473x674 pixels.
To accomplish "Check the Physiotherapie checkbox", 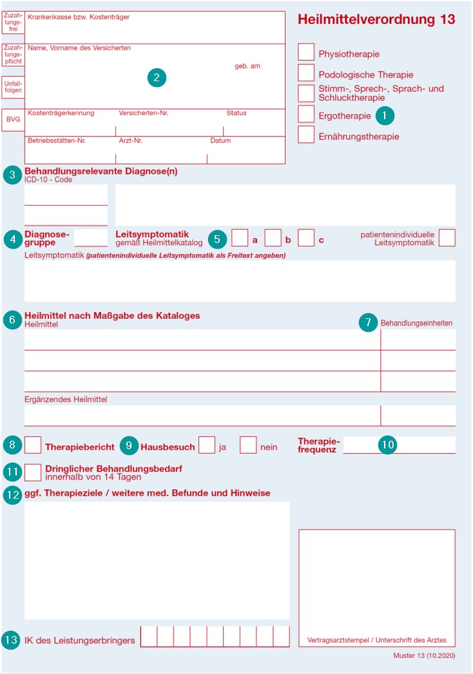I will [x=307, y=52].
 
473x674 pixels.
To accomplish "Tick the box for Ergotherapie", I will [x=307, y=114].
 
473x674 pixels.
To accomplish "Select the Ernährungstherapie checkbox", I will [x=307, y=135].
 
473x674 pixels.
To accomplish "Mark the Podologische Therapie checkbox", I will [x=307, y=73].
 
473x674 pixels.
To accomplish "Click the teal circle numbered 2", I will [x=157, y=78].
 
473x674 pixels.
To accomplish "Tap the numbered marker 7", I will [x=368, y=322].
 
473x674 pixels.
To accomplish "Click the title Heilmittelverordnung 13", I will [x=376, y=20].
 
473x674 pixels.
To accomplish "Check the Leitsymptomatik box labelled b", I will [x=273, y=238].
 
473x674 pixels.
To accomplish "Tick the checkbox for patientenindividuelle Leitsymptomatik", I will [x=447, y=238].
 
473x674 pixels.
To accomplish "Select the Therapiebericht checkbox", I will [x=33, y=445].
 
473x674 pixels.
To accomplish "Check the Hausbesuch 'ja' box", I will [x=207, y=445].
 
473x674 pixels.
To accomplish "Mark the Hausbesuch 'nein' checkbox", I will [x=248, y=445].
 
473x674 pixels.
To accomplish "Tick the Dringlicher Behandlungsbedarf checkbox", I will [x=33, y=472].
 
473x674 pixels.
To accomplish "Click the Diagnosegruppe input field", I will [x=91, y=238].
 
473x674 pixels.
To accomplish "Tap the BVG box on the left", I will [x=13, y=120].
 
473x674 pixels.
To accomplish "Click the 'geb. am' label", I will [x=247, y=66].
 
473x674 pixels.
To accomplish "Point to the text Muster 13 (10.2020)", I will [x=424, y=655].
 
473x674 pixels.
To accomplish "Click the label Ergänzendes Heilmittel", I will [x=66, y=400].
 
